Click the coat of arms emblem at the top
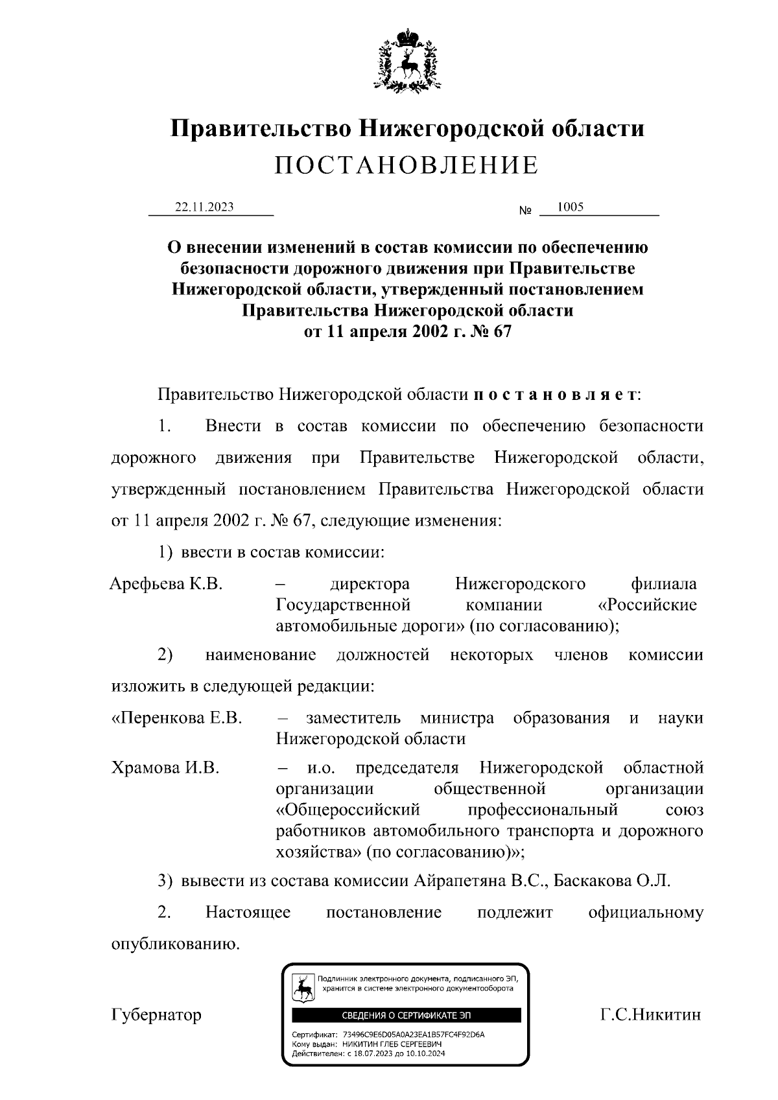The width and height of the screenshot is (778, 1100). coord(407,60)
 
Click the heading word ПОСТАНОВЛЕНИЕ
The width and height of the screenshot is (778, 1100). coord(406,166)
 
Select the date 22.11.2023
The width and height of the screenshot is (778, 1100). coord(204,207)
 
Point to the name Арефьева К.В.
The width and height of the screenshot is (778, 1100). coord(166,584)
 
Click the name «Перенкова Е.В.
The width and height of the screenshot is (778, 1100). coord(176,718)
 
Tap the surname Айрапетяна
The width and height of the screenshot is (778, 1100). coord(460,882)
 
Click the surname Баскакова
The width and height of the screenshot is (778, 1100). coord(594,882)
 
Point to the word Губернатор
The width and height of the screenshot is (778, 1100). coord(156,1014)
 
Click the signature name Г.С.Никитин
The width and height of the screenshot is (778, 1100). coord(650,1014)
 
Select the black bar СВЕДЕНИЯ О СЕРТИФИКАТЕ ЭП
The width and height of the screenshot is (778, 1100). coord(406,1015)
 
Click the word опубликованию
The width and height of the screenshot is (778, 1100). coord(176,944)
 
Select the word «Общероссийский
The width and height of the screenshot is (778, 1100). coord(348,810)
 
